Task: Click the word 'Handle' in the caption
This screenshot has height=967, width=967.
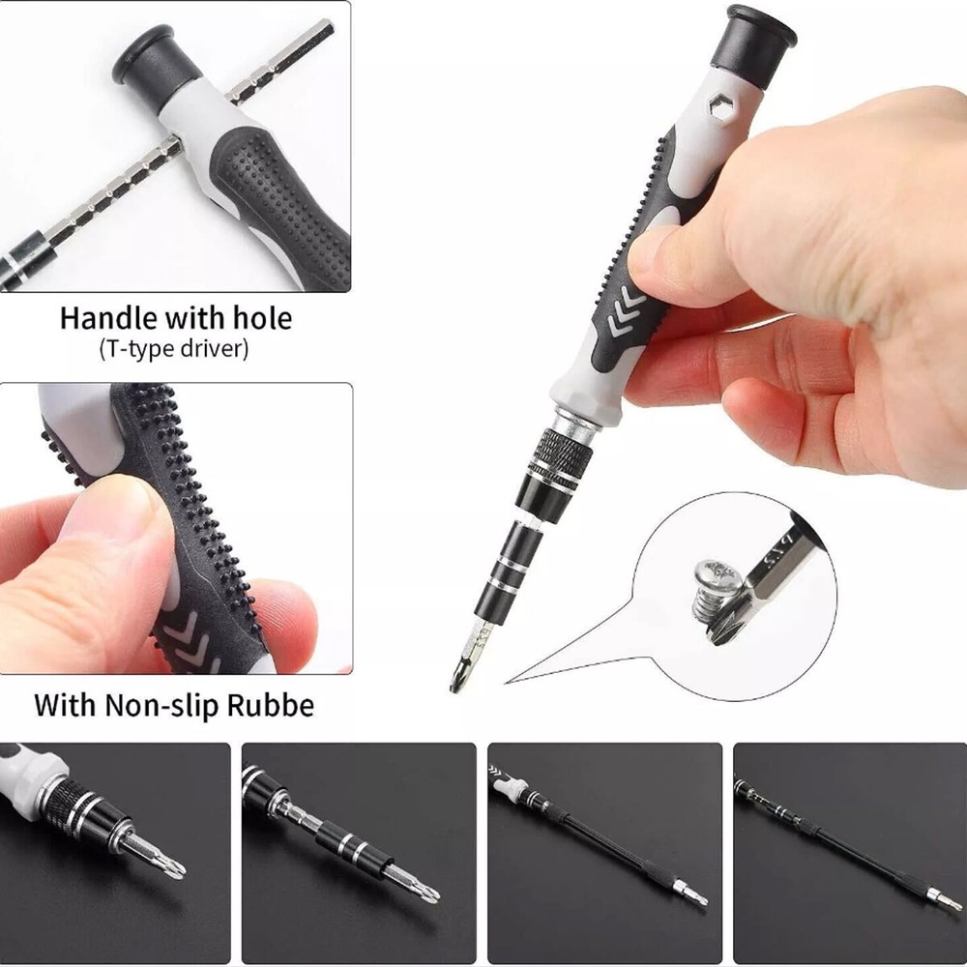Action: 108,318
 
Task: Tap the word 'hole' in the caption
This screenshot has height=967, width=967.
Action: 262,318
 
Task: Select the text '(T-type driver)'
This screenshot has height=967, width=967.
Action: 174,349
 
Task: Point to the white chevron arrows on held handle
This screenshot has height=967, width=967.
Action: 626,311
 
